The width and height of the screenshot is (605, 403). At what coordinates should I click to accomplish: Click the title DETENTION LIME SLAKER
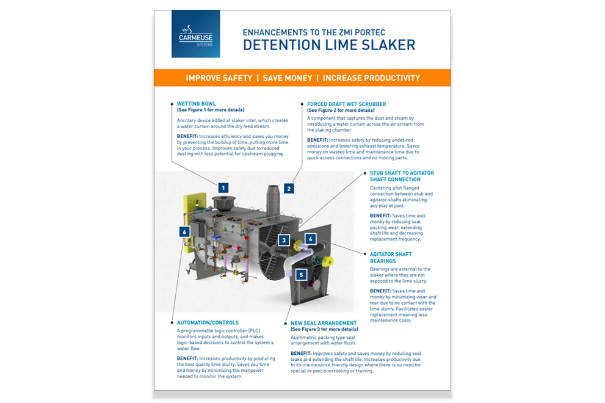coord(328,45)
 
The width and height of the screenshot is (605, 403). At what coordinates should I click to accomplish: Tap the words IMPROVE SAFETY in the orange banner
coord(219,78)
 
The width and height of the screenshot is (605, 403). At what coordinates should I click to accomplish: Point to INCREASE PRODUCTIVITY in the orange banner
coord(371,78)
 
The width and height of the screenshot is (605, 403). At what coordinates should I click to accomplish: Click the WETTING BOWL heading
coord(197,104)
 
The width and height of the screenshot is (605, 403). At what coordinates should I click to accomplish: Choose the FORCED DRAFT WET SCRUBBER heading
coord(347,104)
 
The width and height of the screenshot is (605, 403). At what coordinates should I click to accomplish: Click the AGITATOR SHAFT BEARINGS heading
coord(391,257)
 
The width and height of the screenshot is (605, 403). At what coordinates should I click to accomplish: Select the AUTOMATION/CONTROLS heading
coord(208,322)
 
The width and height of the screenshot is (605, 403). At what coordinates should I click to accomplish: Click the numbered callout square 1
coord(223,187)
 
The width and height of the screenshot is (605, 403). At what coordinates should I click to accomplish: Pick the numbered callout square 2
coord(289,188)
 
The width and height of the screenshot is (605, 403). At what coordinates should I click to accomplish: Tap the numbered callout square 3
coord(284,240)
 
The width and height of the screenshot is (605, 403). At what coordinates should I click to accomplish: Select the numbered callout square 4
coord(310,239)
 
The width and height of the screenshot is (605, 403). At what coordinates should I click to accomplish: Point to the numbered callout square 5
coord(300,275)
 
